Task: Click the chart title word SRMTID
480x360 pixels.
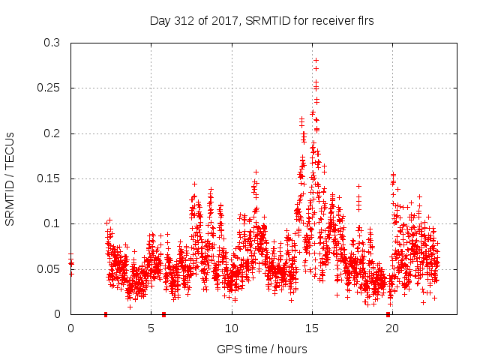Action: coord(261,21)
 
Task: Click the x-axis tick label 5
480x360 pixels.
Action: coord(151,328)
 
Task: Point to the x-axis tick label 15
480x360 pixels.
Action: coord(311,328)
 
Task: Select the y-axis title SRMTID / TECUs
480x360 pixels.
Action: coord(10,178)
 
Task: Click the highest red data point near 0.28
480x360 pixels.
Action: coord(316,60)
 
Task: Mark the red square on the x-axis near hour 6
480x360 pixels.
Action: coord(163,314)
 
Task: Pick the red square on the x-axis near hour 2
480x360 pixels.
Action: coord(106,314)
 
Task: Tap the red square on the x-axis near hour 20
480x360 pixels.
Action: coord(388,314)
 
